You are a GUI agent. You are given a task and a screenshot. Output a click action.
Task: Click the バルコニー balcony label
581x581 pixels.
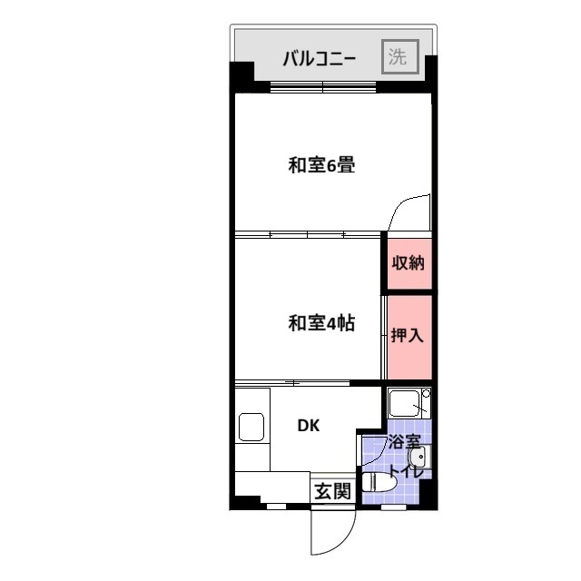[x=320, y=58]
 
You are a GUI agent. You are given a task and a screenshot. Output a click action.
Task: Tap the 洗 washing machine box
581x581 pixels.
[x=400, y=56]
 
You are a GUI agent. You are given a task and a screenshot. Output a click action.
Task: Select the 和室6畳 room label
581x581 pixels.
[x=321, y=165]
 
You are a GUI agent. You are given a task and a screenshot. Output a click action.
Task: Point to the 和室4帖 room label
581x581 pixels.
[x=321, y=323]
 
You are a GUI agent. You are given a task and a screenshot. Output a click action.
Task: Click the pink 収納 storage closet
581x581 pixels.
[x=409, y=263]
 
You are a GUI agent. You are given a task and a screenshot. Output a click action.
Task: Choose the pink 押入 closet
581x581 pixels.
[x=409, y=337]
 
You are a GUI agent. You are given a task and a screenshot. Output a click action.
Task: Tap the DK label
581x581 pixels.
[x=309, y=426]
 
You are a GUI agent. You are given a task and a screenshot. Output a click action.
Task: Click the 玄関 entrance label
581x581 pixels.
[x=332, y=492]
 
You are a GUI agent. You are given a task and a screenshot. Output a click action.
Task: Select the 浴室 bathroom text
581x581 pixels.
[x=404, y=442]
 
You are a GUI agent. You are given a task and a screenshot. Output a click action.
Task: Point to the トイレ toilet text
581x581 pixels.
[x=406, y=471]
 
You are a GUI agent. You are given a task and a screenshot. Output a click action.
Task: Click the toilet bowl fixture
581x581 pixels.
[x=379, y=482]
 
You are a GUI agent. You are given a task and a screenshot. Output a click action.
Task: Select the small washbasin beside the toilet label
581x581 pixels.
[x=419, y=458]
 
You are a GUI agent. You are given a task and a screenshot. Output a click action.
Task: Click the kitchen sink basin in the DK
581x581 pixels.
[x=251, y=427]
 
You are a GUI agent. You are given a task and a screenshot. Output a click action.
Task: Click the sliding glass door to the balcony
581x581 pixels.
[x=322, y=87]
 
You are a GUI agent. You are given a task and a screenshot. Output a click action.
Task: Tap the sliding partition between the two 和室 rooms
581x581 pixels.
[x=308, y=234]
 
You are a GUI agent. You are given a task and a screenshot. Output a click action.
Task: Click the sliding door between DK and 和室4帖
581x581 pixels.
[x=292, y=382]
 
